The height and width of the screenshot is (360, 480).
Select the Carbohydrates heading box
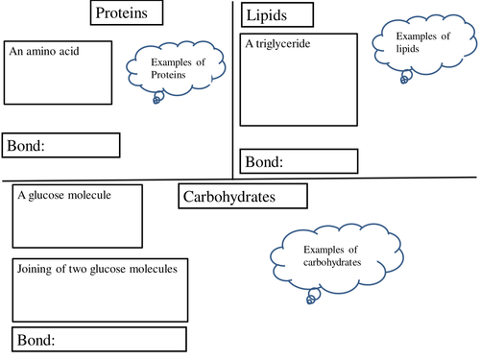pyautogui.click(x=242, y=197)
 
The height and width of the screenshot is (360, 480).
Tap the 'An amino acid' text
pyautogui.click(x=44, y=49)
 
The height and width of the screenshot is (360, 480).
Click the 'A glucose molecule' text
pyautogui.click(x=64, y=195)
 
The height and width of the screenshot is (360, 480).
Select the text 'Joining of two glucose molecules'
pyautogui.click(x=97, y=269)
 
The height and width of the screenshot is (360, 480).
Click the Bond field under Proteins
pyautogui.click(x=60, y=145)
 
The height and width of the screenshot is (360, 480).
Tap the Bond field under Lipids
pyautogui.click(x=299, y=160)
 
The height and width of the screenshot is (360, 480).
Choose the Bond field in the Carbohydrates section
pyautogui.click(x=99, y=340)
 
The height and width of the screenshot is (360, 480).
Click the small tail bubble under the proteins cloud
pyautogui.click(x=158, y=98)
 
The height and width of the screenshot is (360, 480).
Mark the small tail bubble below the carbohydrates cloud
pyautogui.click(x=309, y=300)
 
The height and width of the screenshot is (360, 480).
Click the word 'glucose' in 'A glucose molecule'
pyautogui.click(x=48, y=195)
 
